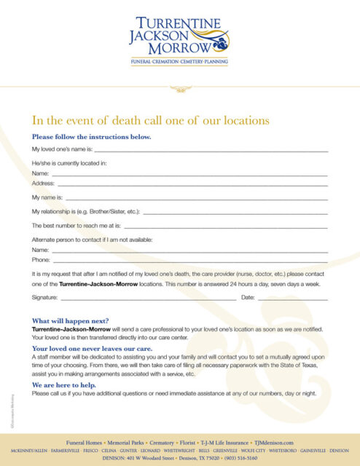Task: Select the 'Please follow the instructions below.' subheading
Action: click(92, 137)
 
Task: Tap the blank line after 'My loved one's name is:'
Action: click(211, 149)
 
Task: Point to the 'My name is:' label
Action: click(47, 197)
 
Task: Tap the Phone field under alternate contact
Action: click(189, 260)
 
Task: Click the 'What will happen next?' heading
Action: click(71, 321)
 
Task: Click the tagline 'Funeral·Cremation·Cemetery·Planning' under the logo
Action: click(179, 63)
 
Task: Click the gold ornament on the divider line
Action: click(179, 89)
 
